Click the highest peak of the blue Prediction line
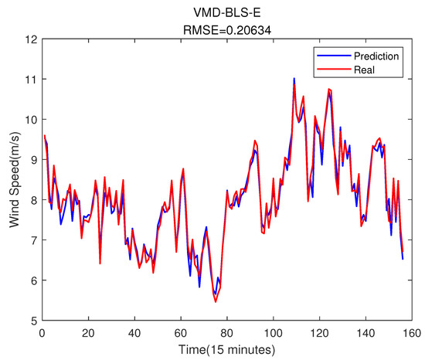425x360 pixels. click(x=294, y=78)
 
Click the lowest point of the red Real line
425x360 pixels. click(x=216, y=301)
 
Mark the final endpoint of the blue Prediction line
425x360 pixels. click(x=403, y=259)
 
